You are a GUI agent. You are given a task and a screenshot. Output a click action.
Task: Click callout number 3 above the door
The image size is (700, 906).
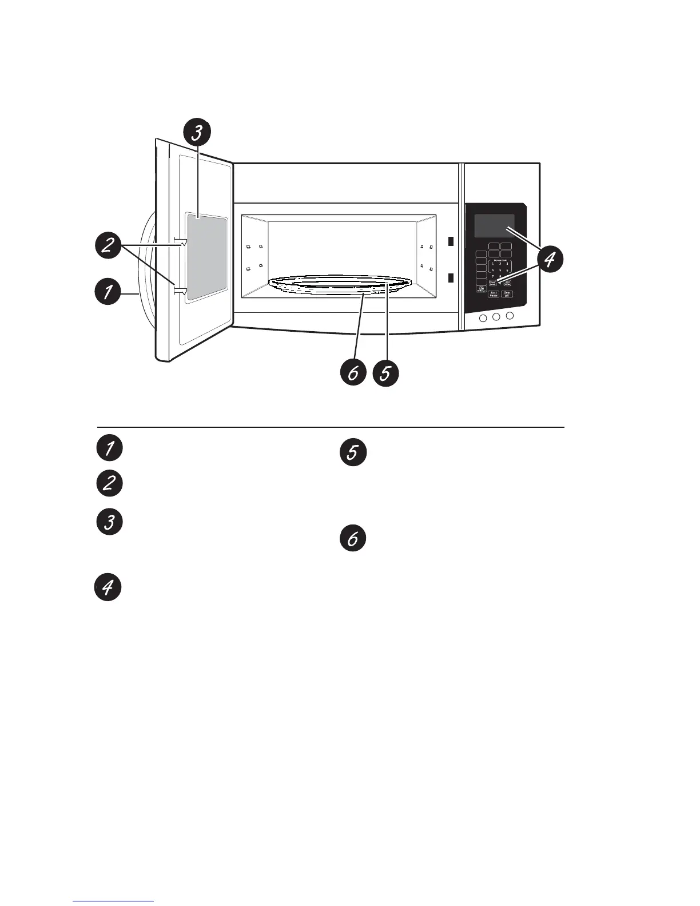[196, 133]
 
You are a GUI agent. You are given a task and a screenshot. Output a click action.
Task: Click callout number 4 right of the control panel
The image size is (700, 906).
[548, 260]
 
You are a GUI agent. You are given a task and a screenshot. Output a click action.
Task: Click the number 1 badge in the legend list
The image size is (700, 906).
[109, 447]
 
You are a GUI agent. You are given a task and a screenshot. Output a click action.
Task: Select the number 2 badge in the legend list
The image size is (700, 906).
[109, 484]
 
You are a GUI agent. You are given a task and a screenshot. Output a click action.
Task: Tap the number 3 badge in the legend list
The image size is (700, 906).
[109, 522]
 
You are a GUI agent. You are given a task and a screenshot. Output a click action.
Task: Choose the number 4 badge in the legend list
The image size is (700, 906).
[108, 587]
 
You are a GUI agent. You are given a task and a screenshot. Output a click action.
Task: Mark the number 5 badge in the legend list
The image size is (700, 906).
[353, 452]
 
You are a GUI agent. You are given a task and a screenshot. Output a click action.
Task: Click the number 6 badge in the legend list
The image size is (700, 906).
[353, 539]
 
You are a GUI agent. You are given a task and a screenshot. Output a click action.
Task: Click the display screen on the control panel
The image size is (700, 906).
[494, 225]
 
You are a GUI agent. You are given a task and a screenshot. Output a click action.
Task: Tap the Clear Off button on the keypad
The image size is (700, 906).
[507, 294]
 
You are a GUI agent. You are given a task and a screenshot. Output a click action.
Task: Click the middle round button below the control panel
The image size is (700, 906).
[496, 317]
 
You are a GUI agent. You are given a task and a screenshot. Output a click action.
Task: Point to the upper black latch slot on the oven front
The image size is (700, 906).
[450, 241]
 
